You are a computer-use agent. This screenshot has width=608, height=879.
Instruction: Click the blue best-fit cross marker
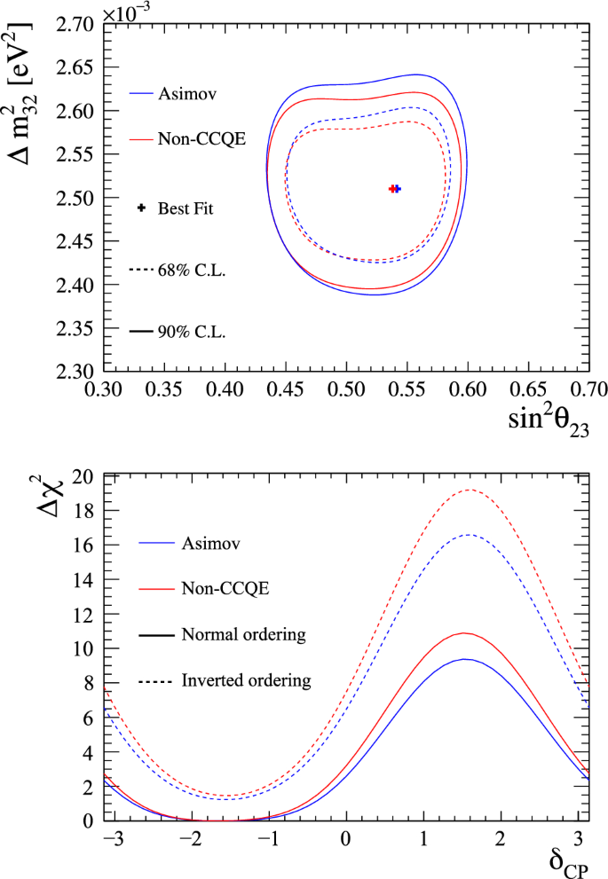397,188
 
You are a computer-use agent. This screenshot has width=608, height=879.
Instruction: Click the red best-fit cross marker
391,188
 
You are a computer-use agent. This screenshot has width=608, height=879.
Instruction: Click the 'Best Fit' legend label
186,209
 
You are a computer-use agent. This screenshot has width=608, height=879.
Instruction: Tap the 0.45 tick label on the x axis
286,389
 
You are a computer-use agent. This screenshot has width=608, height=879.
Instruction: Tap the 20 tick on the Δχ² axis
84,476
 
